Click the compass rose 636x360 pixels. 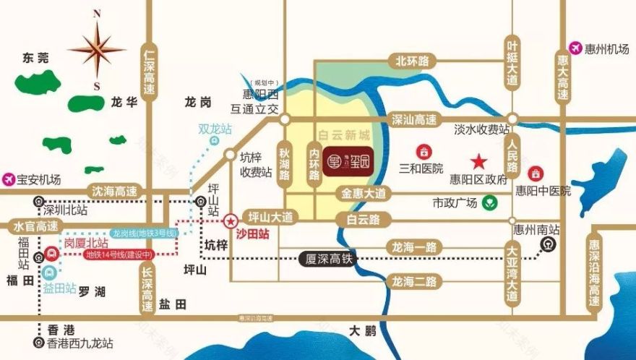point(97,49)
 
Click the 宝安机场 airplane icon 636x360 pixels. point(9,178)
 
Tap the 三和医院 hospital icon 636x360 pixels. point(423,153)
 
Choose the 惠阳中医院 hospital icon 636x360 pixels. point(536,173)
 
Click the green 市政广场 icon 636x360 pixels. point(491,203)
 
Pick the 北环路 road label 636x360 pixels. point(408,61)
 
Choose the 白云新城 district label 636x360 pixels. point(344,135)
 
